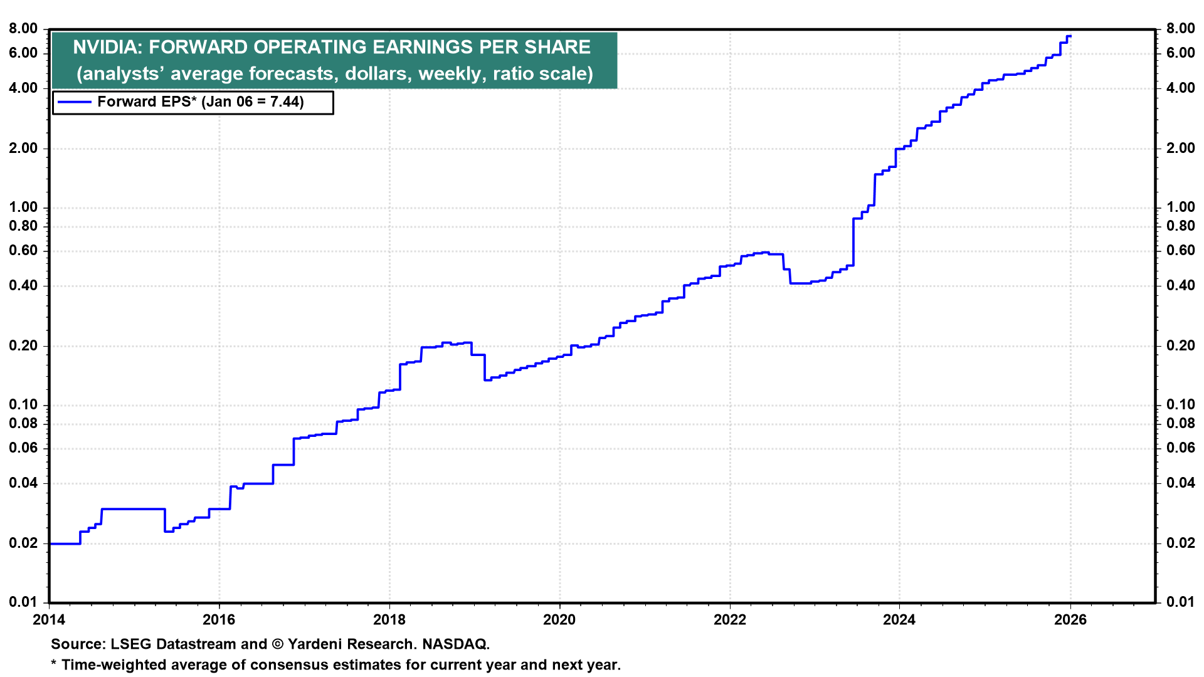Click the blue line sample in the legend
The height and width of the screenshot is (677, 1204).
pyautogui.click(x=74, y=102)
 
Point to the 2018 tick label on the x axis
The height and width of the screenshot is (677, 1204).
pyautogui.click(x=389, y=620)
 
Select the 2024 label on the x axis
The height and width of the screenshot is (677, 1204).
pyautogui.click(x=899, y=620)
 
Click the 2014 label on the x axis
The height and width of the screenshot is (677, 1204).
pyautogui.click(x=49, y=620)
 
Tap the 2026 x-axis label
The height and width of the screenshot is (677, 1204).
pyautogui.click(x=1070, y=620)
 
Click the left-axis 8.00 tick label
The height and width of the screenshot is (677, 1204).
pyautogui.click(x=23, y=29)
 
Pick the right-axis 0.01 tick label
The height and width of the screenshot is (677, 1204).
pyautogui.click(x=1181, y=602)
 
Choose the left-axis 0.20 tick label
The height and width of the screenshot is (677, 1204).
pyautogui.click(x=23, y=346)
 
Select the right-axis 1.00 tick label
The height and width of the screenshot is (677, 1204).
pyautogui.click(x=1181, y=207)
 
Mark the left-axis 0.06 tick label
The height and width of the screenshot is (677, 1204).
pyautogui.click(x=23, y=448)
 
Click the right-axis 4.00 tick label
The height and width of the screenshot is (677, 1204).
pyautogui.click(x=1181, y=88)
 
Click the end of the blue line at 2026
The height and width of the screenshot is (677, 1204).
pyautogui.click(x=1070, y=36)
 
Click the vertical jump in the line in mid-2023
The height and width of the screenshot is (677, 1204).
pyautogui.click(x=853, y=242)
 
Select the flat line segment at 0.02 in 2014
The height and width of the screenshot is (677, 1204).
pyautogui.click(x=65, y=543)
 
